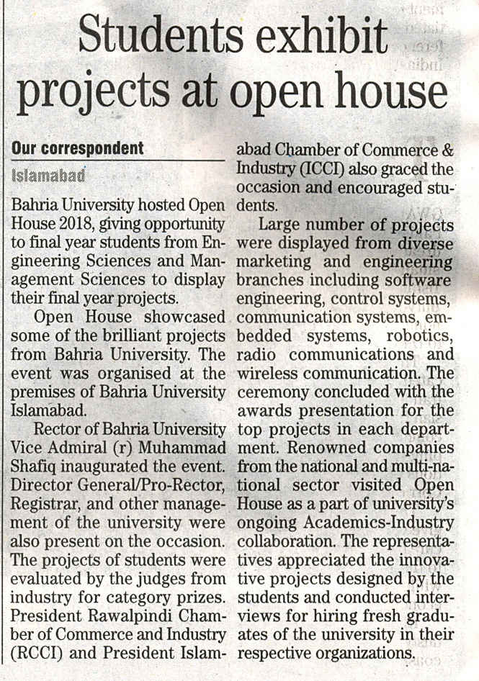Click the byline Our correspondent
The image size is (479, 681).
click(x=78, y=149)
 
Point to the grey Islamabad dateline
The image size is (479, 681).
click(x=48, y=175)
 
